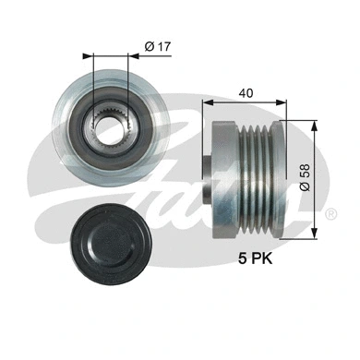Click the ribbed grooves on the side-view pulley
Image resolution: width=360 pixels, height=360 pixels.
click(x=256, y=170)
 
